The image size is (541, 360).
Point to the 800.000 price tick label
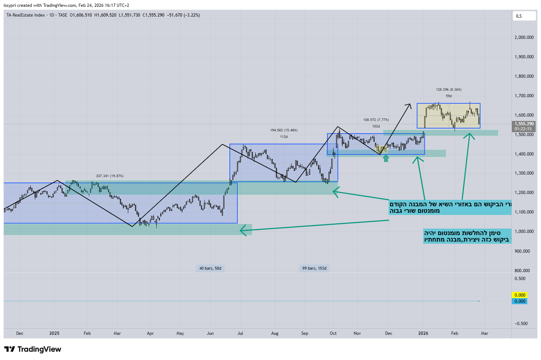524,271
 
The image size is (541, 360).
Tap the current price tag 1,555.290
524,124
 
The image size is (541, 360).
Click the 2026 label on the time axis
423,333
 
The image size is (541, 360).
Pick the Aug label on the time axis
275,333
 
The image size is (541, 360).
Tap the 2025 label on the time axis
54,333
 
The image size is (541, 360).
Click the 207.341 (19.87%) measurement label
110,176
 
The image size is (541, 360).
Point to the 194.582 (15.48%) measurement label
284,130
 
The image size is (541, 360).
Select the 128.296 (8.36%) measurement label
448,90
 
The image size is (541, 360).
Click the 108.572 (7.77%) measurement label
376,120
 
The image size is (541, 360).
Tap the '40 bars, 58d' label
210,268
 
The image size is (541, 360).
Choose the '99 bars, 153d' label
314,268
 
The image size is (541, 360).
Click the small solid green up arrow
386,158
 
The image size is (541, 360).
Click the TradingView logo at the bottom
33,349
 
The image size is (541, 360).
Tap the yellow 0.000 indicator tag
520,295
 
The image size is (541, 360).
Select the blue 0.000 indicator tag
520,301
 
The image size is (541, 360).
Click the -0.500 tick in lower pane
521,324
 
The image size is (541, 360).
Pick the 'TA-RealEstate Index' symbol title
26,15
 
